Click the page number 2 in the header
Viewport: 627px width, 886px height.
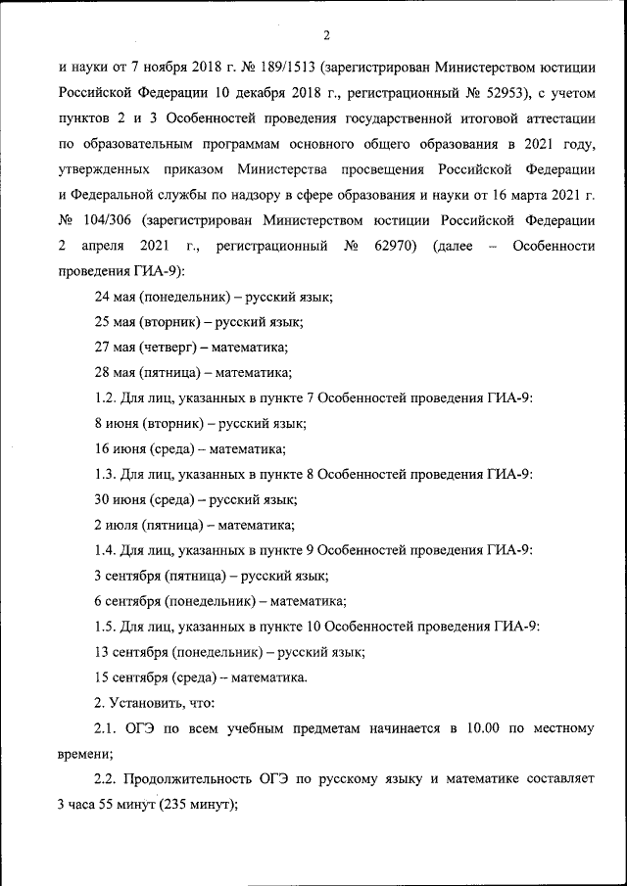[x=327, y=36]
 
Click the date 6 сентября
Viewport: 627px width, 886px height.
[x=125, y=601]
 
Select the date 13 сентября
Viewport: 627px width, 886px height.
[x=129, y=652]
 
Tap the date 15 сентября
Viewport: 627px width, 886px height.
[x=129, y=677]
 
